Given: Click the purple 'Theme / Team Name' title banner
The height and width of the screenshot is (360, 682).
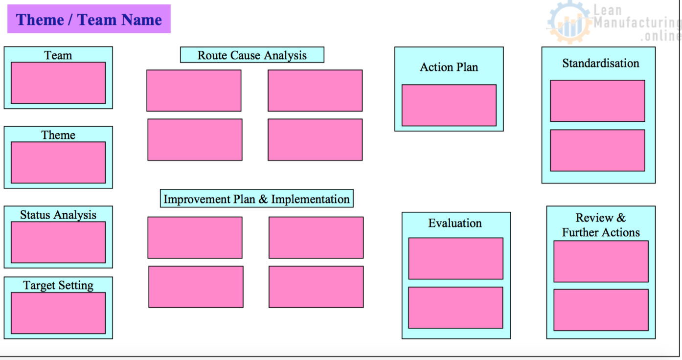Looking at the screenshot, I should pos(89,19).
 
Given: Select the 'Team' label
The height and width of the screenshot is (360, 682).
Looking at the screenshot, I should pos(58,55).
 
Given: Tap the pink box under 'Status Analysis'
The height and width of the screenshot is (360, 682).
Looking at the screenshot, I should pos(58,242).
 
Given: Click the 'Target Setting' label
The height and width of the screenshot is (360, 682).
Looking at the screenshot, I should pos(58,285).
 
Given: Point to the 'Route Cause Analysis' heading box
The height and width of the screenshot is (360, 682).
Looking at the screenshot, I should pos(252,55).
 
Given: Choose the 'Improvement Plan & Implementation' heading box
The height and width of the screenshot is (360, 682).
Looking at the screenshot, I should pos(256,199).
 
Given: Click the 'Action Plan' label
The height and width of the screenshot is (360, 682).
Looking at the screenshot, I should pos(449,67).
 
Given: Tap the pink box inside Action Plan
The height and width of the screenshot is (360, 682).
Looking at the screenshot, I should pos(449,105).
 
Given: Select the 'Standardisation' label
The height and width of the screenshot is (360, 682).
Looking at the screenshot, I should pos(600,63).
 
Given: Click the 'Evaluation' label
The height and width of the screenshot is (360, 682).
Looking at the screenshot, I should pos(455,223).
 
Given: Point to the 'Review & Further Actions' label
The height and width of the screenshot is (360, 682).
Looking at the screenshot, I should pos(601,225).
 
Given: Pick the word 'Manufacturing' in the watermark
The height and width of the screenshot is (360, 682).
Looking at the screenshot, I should pos(637,23).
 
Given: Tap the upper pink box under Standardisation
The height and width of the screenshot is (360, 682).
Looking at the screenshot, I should pos(597,101).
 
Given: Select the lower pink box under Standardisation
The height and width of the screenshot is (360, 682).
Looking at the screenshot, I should pos(597,150).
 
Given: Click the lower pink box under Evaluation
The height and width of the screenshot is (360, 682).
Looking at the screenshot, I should pos(455,307).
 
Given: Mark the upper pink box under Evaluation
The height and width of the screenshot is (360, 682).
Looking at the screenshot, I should pos(455,258).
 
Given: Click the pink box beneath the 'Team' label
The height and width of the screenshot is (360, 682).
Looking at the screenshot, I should pos(58,83).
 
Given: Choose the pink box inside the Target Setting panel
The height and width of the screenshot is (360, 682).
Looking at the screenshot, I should pos(58,313).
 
